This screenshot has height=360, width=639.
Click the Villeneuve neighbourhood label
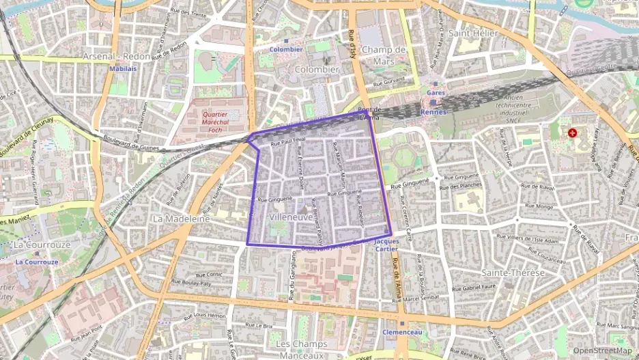pos(292,217)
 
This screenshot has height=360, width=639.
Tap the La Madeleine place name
pos(181,219)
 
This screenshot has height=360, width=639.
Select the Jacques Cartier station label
pos(386,245)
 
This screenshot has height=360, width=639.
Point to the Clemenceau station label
pos(402,332)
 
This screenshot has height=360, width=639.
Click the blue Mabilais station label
pos(123,68)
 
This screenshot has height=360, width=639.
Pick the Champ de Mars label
pos(384,55)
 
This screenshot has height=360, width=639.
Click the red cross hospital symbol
pos(572,133)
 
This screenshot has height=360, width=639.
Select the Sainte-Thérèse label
pos(513,273)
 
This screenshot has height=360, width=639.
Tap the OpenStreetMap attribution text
pos(603,350)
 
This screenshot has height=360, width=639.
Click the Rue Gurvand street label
pos(389,83)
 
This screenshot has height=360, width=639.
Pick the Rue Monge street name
pos(540,206)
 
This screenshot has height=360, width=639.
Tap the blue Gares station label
pos(435,92)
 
